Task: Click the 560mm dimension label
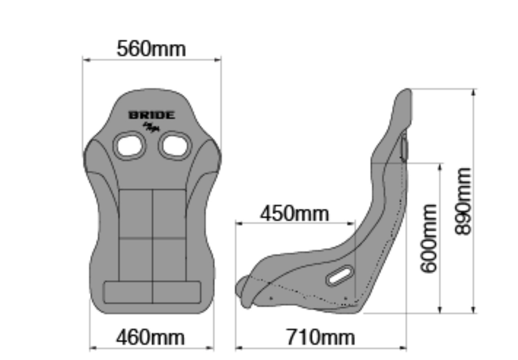tap(151, 49)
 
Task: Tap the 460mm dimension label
tap(151, 337)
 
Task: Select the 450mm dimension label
tap(294, 214)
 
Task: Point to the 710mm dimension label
tap(320, 337)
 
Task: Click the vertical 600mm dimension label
tap(428, 238)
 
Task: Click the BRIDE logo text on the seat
tap(152, 115)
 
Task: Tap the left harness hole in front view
tap(129, 145)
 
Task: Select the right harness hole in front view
tap(175, 145)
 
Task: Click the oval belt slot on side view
tap(340, 276)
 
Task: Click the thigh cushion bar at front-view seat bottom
tap(152, 292)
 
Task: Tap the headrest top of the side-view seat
tap(405, 93)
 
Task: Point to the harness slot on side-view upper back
tap(404, 148)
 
